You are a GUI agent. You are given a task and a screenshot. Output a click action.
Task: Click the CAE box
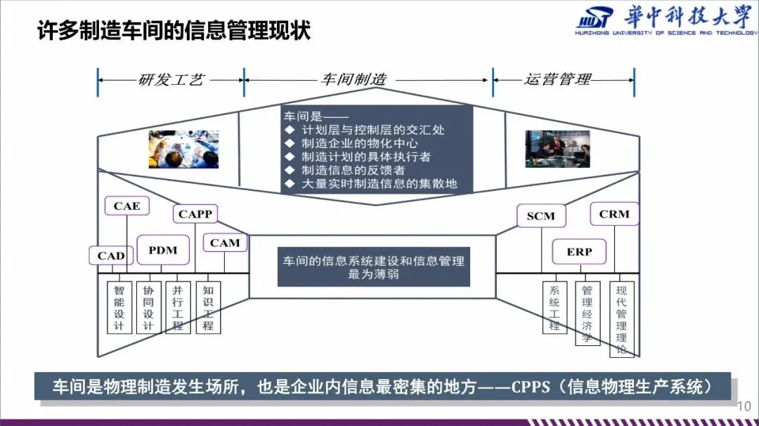pyautogui.click(x=127, y=206)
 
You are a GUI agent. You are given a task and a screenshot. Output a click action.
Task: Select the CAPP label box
pyautogui.click(x=195, y=214)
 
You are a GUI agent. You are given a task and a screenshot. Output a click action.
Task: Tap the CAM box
pyautogui.click(x=225, y=243)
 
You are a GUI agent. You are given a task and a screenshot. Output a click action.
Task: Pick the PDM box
pyautogui.click(x=163, y=250)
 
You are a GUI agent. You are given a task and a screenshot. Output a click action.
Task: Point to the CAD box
pyautogui.click(x=111, y=255)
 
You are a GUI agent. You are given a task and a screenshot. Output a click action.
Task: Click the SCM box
pyautogui.click(x=540, y=217)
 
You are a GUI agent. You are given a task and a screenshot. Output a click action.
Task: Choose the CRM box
pyautogui.click(x=614, y=214)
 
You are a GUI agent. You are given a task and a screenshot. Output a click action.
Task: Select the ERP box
pyautogui.click(x=579, y=251)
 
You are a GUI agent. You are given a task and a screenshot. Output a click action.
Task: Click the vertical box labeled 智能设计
pyautogui.click(x=119, y=307)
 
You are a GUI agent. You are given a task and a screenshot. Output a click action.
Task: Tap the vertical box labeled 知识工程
pyautogui.click(x=208, y=307)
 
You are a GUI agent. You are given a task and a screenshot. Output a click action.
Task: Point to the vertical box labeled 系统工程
pyautogui.click(x=554, y=307)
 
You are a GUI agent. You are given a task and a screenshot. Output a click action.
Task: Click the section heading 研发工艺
pyautogui.click(x=171, y=79)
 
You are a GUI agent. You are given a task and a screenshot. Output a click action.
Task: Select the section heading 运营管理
pyautogui.click(x=557, y=79)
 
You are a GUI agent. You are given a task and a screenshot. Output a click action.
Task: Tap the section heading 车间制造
pyautogui.click(x=353, y=79)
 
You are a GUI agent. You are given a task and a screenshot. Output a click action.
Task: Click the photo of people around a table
pyautogui.click(x=183, y=149)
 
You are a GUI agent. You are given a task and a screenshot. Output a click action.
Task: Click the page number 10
pyautogui.click(x=745, y=406)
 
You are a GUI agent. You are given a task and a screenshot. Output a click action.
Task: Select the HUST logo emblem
pyautogui.click(x=593, y=22)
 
